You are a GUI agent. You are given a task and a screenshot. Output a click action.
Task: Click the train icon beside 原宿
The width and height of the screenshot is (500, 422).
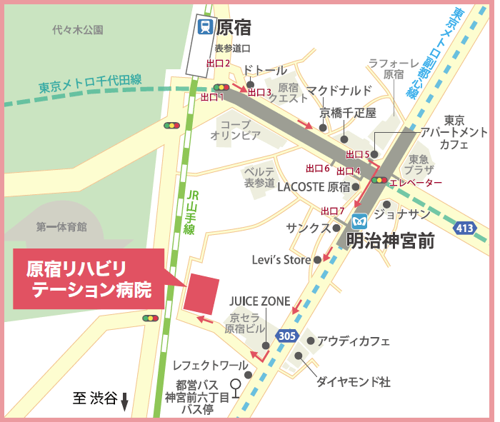pos(205,28)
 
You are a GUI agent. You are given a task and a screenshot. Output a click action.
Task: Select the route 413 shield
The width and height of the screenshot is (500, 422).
pos(466,228)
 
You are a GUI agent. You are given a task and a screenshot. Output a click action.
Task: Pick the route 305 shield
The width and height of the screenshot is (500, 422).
pos(287,336)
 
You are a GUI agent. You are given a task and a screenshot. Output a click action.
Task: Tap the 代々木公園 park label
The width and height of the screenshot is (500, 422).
pos(78,30)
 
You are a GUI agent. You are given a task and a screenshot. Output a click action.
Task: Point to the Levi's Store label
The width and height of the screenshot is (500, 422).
pos(281,260)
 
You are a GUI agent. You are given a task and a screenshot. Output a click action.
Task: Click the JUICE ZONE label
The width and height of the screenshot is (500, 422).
pos(260,301)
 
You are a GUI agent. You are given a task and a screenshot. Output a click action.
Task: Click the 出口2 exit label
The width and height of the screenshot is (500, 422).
pos(218,64)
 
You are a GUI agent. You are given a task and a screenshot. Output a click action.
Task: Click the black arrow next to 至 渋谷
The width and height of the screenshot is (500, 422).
pos(124,402)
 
